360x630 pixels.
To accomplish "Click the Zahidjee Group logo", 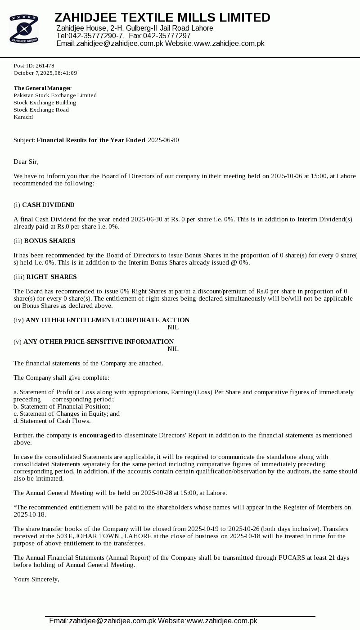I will coord(24,29).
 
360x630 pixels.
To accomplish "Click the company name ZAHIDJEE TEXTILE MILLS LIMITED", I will coord(162,18).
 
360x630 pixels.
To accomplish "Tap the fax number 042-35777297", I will coord(167,36).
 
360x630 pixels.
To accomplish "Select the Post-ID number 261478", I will coord(45,66).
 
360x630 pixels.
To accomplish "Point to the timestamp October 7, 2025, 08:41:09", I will coord(45,73).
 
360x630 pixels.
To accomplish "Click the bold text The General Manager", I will coord(42,88).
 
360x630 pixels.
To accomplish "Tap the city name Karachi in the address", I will coord(23,117).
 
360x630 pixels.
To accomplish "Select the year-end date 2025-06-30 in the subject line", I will coord(163,140).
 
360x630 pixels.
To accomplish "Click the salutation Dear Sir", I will coord(26,162).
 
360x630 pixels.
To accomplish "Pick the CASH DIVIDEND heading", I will coord(48,205).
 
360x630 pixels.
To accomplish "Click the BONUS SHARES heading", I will coord(49,241).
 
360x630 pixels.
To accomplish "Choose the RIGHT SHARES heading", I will coord(51,277).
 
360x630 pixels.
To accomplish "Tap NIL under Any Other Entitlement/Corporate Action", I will coord(173,328).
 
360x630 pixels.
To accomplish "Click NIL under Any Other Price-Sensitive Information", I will coord(173,349).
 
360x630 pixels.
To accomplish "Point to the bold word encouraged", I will coord(97,436).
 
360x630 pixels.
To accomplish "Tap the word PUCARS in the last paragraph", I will coord(292,558).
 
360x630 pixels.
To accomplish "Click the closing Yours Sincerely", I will coord(36,580).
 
